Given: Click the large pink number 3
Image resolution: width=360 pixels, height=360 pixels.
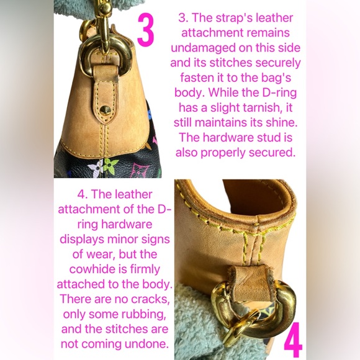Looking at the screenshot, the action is (145, 29).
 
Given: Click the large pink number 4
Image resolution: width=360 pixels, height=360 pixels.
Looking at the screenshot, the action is (293, 340).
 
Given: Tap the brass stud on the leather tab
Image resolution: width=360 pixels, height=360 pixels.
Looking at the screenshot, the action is (106, 110).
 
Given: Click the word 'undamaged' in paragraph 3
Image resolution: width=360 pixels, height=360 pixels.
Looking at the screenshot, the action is (204, 48).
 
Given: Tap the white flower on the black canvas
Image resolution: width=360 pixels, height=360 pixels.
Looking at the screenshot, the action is (96, 168).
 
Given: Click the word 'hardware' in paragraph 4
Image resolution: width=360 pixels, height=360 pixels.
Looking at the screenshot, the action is (127, 224).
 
